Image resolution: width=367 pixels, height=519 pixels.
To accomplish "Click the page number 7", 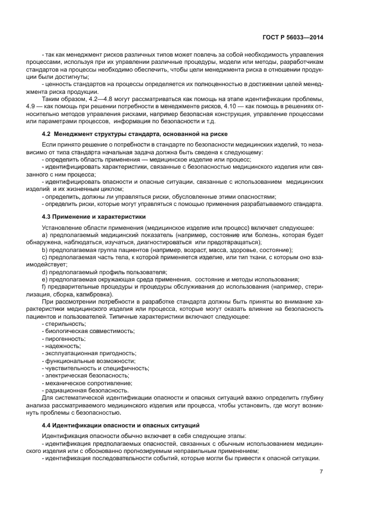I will [x=321, y=472].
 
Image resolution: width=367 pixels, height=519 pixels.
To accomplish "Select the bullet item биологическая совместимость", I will [x=89, y=331].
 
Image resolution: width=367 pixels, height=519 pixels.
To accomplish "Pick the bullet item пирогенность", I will [x=65, y=338].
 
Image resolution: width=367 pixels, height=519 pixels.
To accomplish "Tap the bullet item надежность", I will [x=63, y=346].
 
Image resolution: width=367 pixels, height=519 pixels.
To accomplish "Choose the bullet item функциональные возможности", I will [x=89, y=361].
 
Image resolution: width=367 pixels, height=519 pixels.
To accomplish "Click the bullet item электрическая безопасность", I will [x=88, y=376].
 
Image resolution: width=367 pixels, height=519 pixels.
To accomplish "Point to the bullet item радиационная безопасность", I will [x=87, y=391].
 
